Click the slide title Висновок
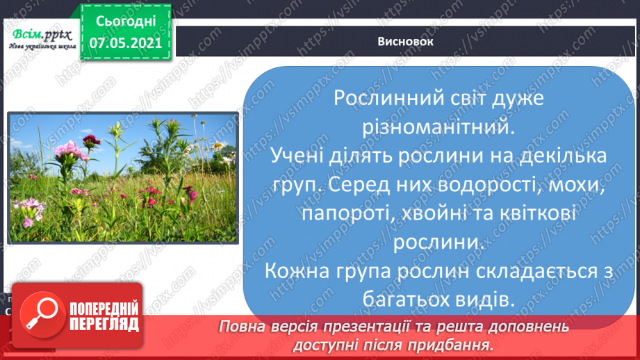click(x=405, y=42)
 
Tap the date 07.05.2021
click(x=126, y=43)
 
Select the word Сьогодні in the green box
click(x=126, y=22)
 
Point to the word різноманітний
click(x=438, y=127)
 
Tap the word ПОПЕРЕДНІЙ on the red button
click(x=104, y=309)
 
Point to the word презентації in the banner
click(x=366, y=327)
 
